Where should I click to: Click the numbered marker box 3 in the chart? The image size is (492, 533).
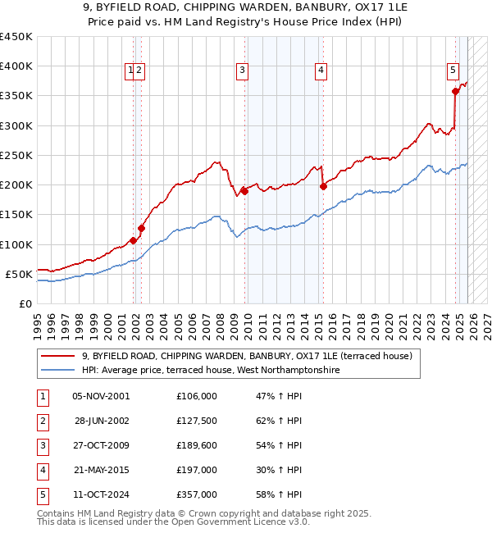[243, 71]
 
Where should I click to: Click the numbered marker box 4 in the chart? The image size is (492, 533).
[321, 71]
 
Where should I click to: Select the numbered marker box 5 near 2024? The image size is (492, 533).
[453, 71]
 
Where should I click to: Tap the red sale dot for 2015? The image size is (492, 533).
[323, 186]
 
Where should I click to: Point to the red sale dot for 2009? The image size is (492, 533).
[244, 191]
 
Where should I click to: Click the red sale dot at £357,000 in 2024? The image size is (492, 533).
[456, 92]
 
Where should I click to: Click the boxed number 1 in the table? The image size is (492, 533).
[42, 396]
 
